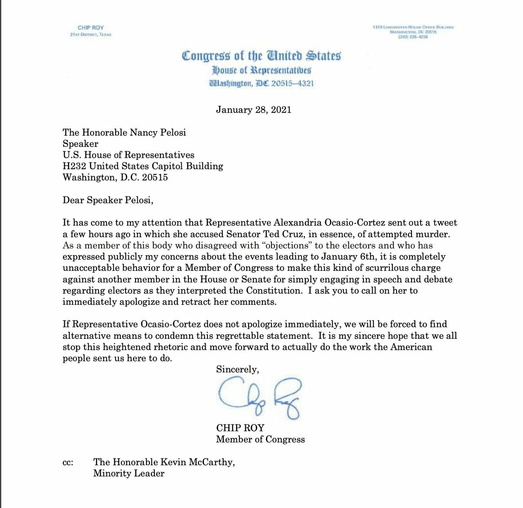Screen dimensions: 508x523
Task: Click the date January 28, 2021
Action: [x=253, y=110]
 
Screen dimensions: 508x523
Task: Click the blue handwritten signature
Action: [x=259, y=398]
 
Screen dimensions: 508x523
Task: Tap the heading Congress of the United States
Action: [x=261, y=56]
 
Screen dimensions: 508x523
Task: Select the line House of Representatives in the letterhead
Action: [x=261, y=70]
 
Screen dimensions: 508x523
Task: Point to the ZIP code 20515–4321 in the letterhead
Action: [x=292, y=83]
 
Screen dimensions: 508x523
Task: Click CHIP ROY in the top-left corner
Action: [x=91, y=27]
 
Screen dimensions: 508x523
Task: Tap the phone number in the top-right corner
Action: [x=413, y=37]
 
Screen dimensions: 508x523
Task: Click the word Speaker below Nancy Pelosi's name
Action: [x=80, y=144]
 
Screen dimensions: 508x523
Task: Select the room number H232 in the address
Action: [x=74, y=166]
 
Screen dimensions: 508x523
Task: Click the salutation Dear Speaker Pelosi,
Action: [x=108, y=200]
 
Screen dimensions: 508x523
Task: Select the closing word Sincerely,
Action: [x=237, y=369]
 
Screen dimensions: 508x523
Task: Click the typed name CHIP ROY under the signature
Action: [x=240, y=428]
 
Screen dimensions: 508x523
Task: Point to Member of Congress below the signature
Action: [x=260, y=439]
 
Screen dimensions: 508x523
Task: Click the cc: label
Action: [x=68, y=462]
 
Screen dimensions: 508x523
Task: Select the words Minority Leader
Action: [x=129, y=474]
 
